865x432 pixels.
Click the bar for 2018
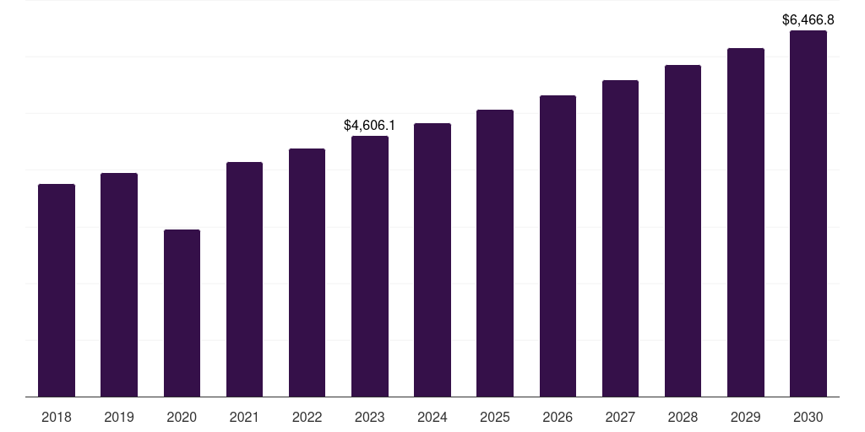pos(57,290)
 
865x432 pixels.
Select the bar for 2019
pos(119,285)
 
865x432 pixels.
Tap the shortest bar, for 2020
pos(182,313)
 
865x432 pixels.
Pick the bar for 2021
pos(244,279)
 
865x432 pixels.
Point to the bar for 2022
pos(307,273)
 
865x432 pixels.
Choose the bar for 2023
pos(370,266)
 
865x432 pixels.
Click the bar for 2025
pos(495,253)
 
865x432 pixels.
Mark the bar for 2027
pos(620,239)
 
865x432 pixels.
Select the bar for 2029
pos(746,223)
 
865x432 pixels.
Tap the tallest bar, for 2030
pos(808,213)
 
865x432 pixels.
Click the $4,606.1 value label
pos(370,125)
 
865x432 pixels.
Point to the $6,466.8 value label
pos(808,20)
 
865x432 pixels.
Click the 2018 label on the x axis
pos(57,417)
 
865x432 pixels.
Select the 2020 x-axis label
pos(182,417)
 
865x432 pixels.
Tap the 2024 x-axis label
pos(432,417)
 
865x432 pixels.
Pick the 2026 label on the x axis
pos(558,417)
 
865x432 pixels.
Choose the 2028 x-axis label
pos(683,417)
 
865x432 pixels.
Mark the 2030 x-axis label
pos(808,417)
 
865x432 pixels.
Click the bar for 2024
pos(432,260)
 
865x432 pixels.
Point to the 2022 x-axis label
pos(307,417)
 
